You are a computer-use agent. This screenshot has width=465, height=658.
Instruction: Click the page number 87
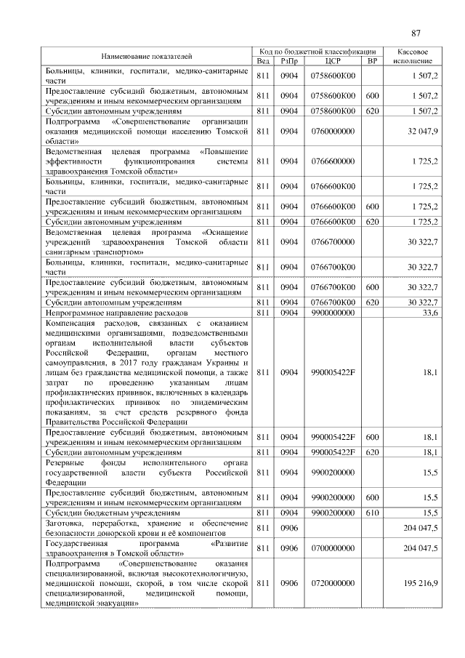(x=416, y=33)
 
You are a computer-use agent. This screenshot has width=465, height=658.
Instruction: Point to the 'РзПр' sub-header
(x=289, y=61)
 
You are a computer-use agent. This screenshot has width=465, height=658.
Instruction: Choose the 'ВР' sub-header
(x=372, y=61)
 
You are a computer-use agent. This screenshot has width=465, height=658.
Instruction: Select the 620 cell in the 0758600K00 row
(x=372, y=111)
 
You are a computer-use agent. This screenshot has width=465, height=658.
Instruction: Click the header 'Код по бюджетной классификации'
(x=317, y=52)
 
